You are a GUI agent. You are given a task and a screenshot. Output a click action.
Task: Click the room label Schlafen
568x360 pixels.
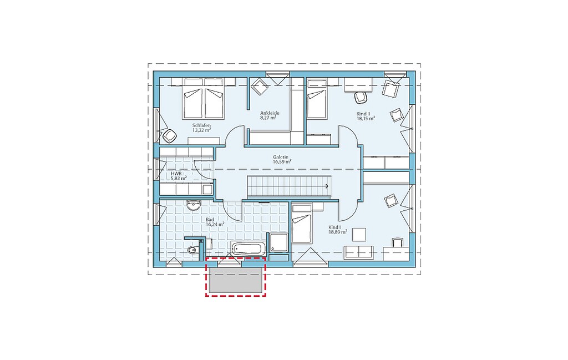(x=201, y=125)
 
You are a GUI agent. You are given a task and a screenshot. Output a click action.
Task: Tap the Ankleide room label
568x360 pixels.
(x=270, y=113)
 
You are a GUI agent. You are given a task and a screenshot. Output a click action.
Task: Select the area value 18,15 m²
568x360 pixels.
(x=366, y=118)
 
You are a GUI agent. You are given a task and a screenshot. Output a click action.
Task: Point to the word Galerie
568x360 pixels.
(x=280, y=157)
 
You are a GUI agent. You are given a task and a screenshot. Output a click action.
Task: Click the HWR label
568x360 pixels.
(x=176, y=174)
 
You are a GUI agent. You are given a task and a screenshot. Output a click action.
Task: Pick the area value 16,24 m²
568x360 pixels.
(x=215, y=224)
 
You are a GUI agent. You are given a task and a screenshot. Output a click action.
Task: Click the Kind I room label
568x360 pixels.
(x=334, y=227)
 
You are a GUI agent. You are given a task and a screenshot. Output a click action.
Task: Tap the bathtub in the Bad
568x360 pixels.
(x=248, y=249)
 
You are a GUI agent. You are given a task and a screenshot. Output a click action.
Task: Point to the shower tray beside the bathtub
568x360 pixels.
(x=278, y=242)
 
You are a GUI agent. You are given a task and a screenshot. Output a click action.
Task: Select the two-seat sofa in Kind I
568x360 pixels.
(x=359, y=252)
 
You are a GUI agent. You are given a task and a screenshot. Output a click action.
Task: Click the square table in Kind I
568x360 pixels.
(x=359, y=234)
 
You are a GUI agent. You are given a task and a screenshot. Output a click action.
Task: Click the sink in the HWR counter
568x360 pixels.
(x=207, y=189)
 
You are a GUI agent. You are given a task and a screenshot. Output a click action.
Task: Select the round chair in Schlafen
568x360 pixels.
(x=169, y=136)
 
